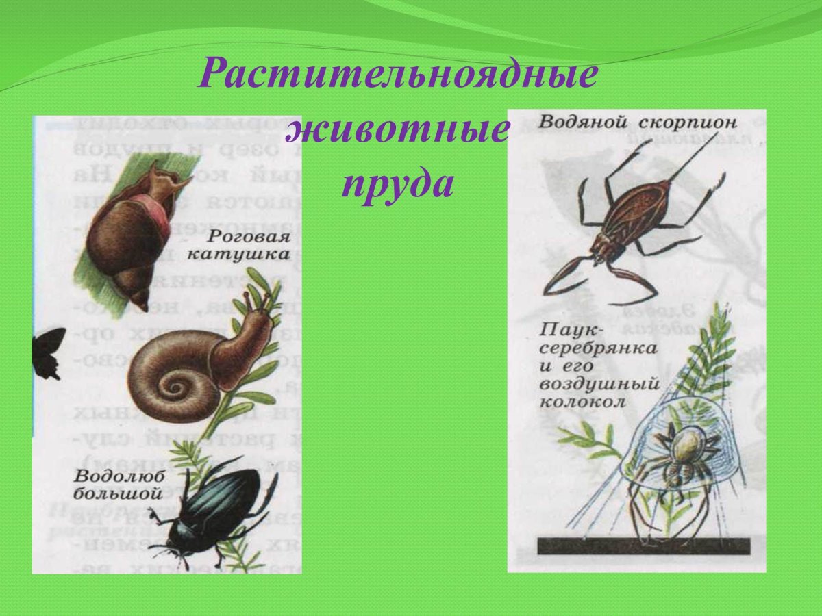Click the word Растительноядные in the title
click(x=397, y=74)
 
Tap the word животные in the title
click(x=398, y=129)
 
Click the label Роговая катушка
click(x=249, y=246)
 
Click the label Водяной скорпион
click(x=637, y=123)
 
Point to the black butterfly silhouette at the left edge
click(x=48, y=352)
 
